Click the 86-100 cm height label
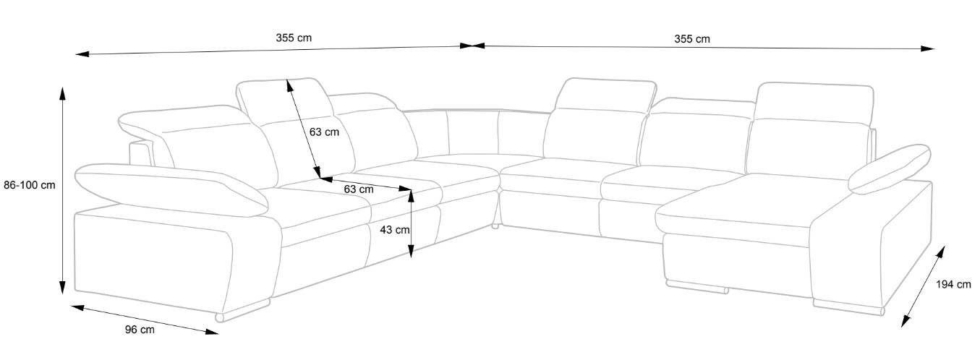coord(29,185)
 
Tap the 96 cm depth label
coord(140,330)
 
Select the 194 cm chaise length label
coord(953,285)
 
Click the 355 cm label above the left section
coord(294,38)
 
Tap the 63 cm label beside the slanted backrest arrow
coord(323,132)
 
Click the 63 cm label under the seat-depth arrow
coord(359,189)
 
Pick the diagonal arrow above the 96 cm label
coord(145,319)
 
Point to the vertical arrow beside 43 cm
coord(410,223)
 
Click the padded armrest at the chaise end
coord(890,168)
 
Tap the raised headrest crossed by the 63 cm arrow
coord(284,101)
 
